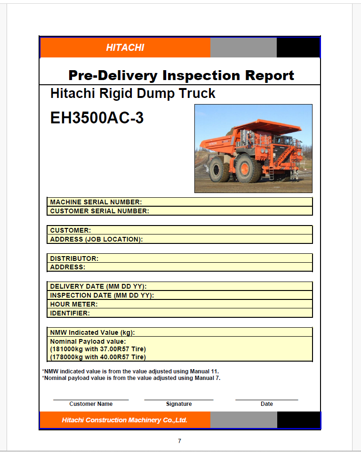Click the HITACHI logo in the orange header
coord(125,47)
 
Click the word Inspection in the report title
coord(201,75)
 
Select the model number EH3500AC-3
coord(97,118)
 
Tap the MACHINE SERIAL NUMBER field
coord(180,202)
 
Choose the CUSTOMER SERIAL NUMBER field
coord(180,211)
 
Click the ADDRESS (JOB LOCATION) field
coord(180,239)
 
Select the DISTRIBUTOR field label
coord(74,258)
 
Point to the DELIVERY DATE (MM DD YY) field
coord(180,286)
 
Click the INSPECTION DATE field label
coord(102,296)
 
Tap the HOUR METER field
coord(180,304)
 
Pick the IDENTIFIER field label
coord(70,314)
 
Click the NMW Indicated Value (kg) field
coord(180,332)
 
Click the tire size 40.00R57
coord(115,357)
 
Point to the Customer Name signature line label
coord(91,404)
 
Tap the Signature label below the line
coord(179,404)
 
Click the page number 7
coord(179,441)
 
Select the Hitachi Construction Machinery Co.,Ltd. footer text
coord(124,420)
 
